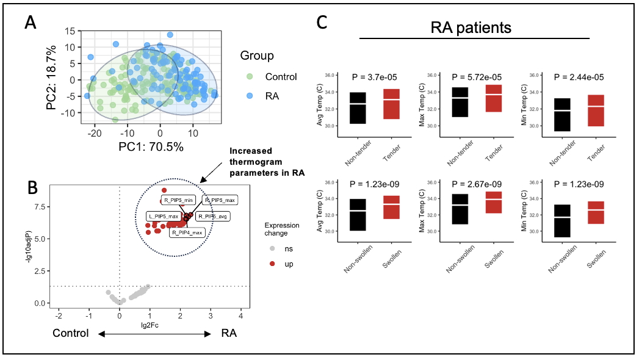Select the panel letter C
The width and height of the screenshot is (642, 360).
point(324,23)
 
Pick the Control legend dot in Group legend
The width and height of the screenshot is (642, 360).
point(249,77)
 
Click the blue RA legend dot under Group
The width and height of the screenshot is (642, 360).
point(249,96)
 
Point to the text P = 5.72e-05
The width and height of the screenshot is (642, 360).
point(477,77)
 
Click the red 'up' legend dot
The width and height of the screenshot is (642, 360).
point(273,264)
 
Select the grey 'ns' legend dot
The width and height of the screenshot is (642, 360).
point(273,248)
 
